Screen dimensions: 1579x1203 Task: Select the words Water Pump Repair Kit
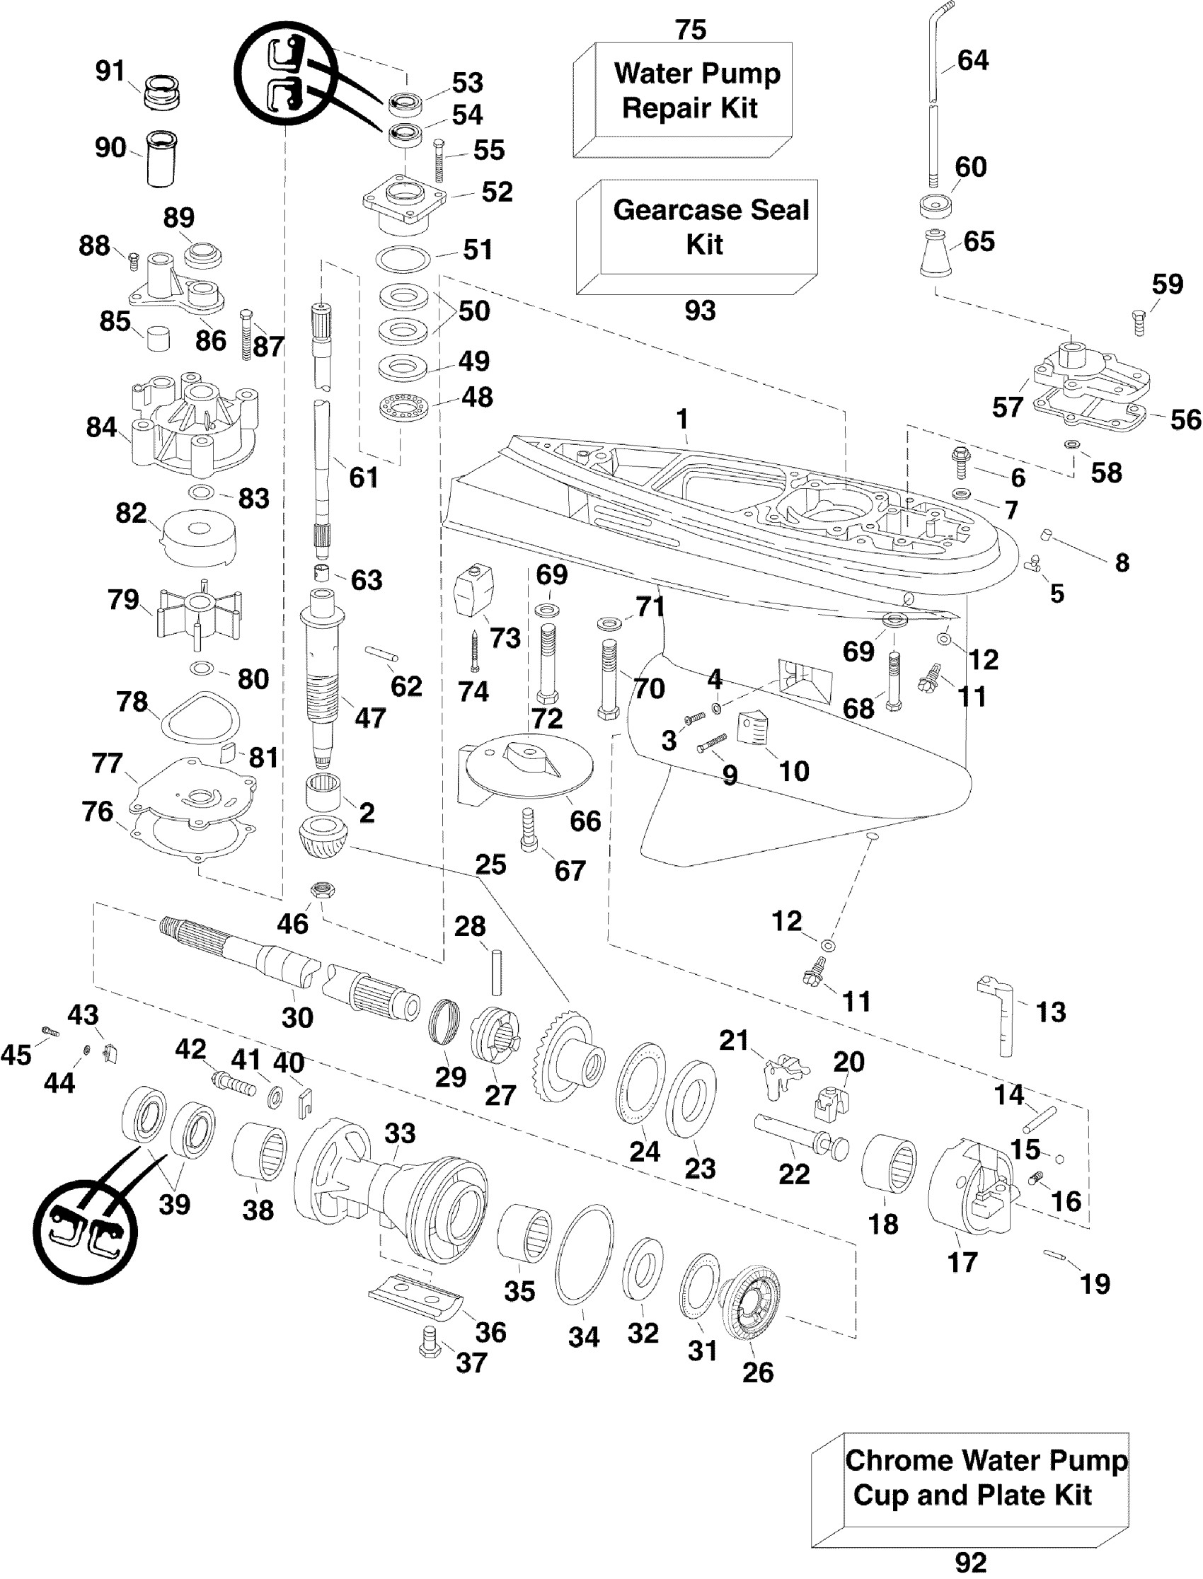[693, 91]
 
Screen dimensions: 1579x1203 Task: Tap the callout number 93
[700, 310]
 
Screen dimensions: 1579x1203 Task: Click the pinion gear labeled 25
[322, 837]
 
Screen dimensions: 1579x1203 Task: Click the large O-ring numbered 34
[585, 1256]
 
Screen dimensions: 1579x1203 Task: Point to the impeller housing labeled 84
[193, 427]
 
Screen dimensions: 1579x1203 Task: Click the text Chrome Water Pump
[986, 1459]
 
